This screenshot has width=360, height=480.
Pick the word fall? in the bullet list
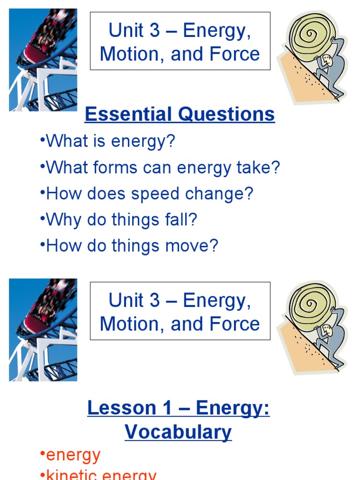tap(179, 220)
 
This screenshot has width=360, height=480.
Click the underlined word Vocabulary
tap(178, 432)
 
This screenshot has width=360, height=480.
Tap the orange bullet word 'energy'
tap(73, 455)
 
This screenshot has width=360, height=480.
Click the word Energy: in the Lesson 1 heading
tap(232, 408)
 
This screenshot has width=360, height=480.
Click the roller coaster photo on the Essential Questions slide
tap(43, 60)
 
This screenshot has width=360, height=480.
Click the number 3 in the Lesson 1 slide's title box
tap(154, 300)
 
